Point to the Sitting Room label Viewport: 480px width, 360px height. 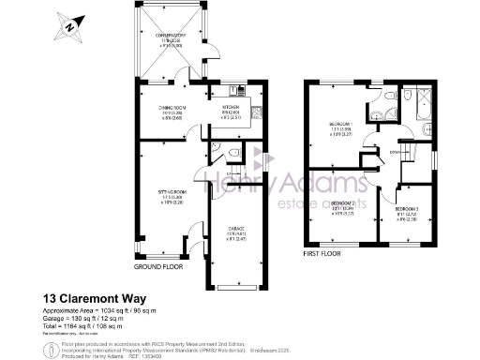point(170,196)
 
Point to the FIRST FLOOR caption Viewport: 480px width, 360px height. point(323,252)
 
